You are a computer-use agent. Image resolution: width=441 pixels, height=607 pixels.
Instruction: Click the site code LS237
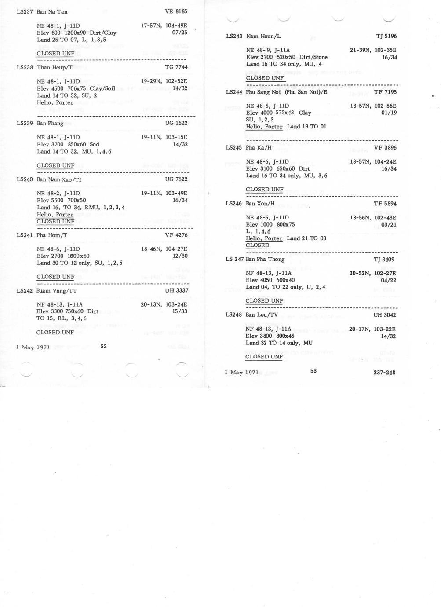coord(25,11)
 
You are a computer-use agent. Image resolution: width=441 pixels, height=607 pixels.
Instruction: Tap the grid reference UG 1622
coord(176,123)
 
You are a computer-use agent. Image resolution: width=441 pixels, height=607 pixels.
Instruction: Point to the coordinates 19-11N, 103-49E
coord(164,193)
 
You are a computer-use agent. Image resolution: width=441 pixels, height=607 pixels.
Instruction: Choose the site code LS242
coord(25,291)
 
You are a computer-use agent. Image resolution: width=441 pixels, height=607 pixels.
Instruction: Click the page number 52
coord(103,346)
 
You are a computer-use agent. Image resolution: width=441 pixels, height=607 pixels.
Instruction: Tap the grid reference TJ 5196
coord(386,36)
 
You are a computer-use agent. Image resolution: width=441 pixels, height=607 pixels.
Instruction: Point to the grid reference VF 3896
coord(385,148)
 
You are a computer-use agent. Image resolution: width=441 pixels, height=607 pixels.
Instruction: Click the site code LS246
coord(234,204)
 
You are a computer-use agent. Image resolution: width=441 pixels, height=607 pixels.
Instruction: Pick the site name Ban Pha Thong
coord(265,259)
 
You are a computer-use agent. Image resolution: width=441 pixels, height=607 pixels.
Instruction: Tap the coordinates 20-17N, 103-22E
coord(372,329)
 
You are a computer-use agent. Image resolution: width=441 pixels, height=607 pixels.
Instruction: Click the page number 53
coord(313,371)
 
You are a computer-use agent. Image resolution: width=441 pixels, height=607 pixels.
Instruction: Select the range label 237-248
coord(384,373)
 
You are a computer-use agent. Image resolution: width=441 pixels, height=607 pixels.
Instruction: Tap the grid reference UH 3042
coord(385,315)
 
